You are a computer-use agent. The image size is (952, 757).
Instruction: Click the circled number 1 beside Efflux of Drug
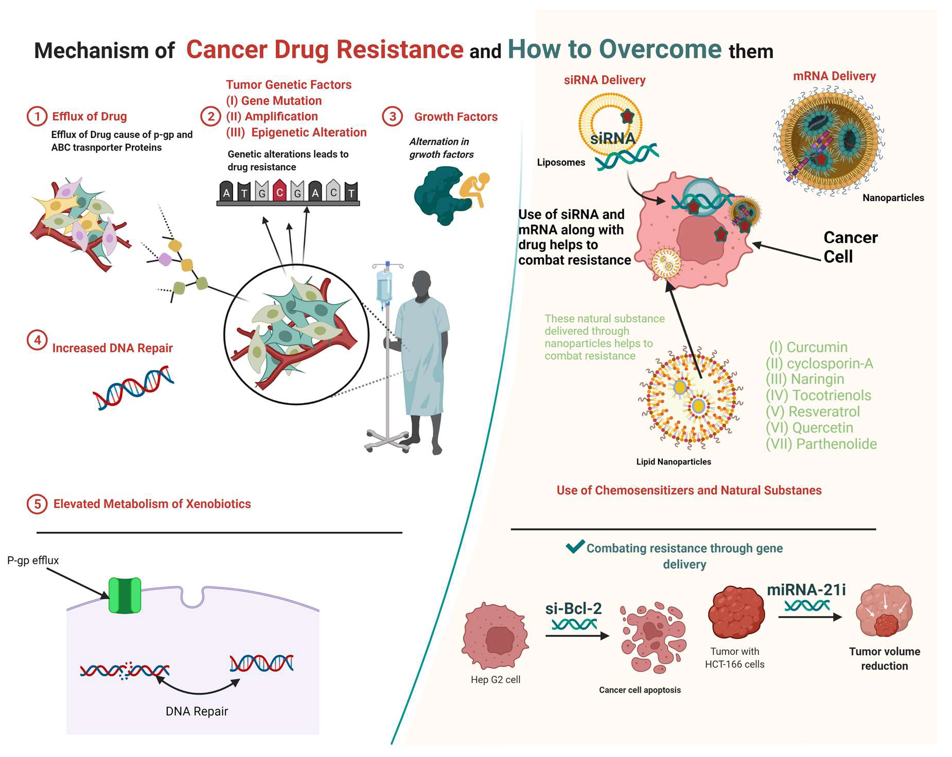[37, 116]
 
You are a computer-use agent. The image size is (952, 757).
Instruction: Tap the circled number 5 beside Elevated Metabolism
[37, 504]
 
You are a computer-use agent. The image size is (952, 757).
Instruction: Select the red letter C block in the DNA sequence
[279, 191]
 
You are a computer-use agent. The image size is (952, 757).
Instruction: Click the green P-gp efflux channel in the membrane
[125, 595]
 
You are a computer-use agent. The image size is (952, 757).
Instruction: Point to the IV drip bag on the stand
[384, 286]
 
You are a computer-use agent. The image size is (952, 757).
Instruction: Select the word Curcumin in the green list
[817, 347]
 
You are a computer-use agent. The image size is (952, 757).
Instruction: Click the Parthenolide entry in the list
[836, 444]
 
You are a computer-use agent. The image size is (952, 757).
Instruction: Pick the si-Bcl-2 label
[573, 609]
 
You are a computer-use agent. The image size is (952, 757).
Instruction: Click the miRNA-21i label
[806, 590]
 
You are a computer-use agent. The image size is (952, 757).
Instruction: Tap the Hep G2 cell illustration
[496, 637]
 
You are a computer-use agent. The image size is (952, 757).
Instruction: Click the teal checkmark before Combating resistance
[575, 546]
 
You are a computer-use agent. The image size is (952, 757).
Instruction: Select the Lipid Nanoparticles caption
[674, 462]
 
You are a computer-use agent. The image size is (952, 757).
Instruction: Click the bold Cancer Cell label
[850, 247]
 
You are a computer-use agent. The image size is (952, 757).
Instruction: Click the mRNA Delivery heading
[834, 76]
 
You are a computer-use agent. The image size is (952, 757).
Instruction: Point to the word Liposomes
[561, 163]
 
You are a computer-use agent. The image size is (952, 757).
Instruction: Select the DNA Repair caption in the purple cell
[197, 711]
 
